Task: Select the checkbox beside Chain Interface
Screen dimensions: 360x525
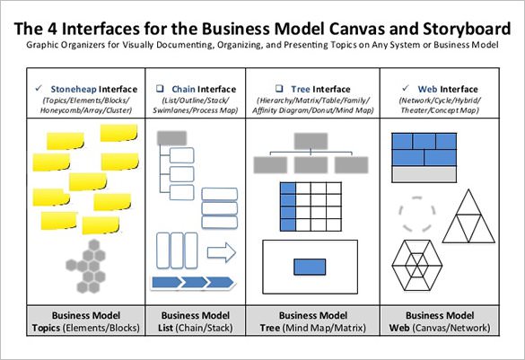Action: (x=160, y=89)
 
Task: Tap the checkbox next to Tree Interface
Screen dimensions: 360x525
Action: (x=280, y=89)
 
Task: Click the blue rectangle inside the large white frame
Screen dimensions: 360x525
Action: (x=310, y=267)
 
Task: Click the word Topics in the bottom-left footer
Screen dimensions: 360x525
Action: (x=50, y=328)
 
